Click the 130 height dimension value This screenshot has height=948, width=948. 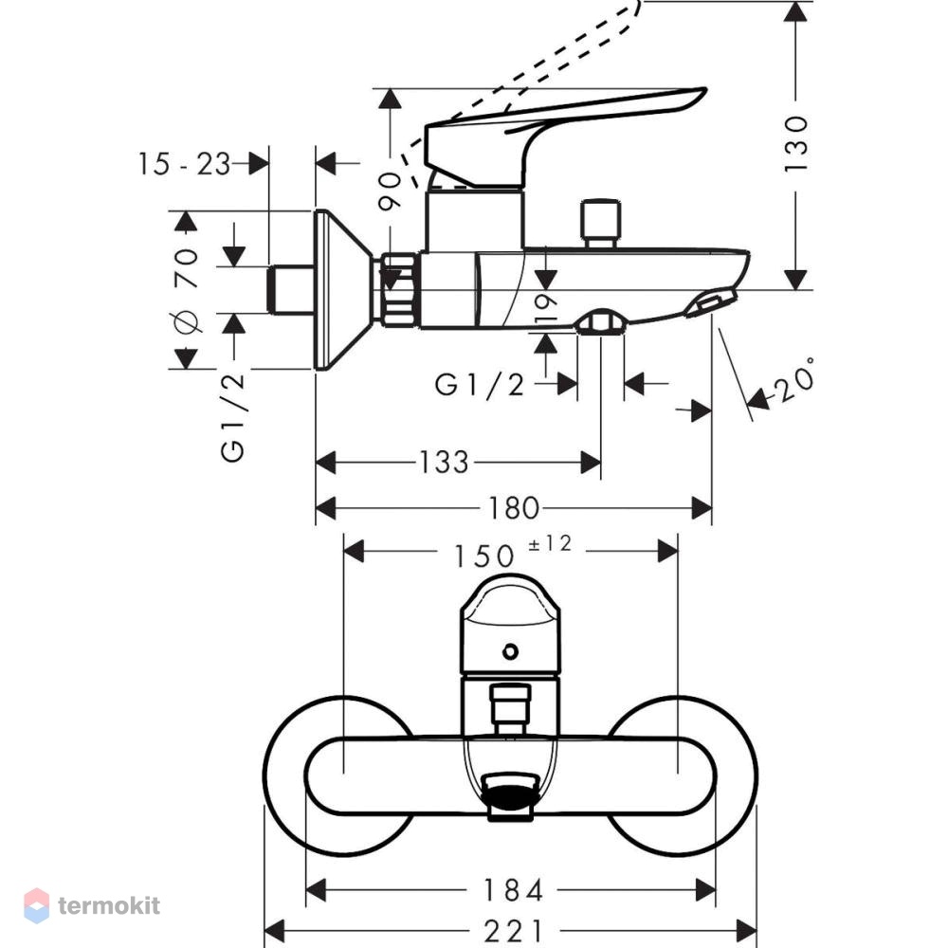(795, 144)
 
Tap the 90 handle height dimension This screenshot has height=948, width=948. (390, 191)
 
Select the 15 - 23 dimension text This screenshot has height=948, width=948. (185, 164)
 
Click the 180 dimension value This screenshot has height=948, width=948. (513, 508)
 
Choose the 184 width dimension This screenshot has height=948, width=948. (513, 890)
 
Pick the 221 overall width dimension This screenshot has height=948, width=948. (513, 931)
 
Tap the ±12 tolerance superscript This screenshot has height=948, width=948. (550, 543)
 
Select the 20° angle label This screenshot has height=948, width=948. (794, 380)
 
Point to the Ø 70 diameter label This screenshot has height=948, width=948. (186, 290)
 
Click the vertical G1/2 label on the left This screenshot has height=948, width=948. (233, 418)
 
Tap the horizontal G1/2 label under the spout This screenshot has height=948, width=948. (480, 385)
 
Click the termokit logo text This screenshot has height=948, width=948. (109, 905)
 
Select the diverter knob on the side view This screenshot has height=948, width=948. (600, 223)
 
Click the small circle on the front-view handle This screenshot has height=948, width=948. (510, 652)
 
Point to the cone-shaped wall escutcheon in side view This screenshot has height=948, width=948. (343, 290)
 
